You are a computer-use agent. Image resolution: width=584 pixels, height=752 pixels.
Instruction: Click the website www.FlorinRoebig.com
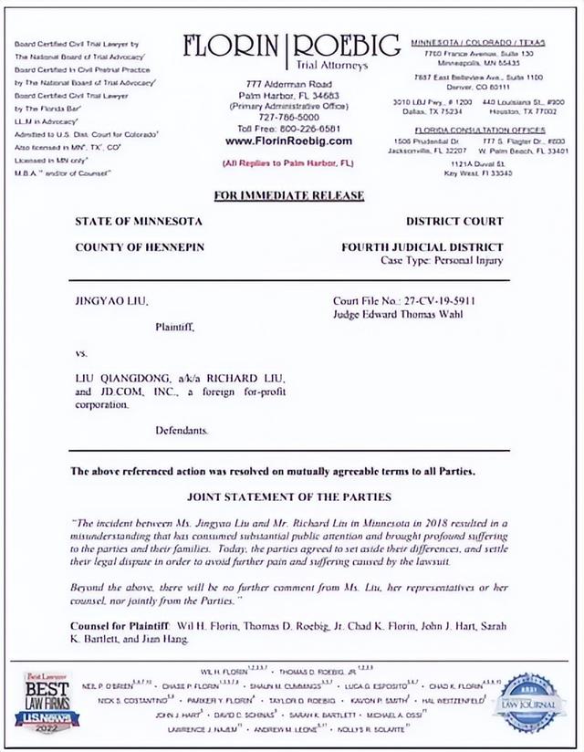(x=288, y=141)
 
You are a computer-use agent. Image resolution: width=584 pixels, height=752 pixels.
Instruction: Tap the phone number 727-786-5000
(x=288, y=118)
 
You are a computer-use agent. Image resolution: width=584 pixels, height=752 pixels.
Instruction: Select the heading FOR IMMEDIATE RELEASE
(x=288, y=196)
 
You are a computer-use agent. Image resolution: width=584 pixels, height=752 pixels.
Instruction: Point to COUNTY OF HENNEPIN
(x=140, y=246)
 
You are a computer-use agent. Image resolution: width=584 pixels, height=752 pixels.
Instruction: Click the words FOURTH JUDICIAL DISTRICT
(x=422, y=246)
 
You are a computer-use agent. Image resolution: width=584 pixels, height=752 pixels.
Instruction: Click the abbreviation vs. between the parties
(x=82, y=351)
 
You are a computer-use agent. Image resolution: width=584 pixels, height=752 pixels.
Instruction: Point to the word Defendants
(x=182, y=428)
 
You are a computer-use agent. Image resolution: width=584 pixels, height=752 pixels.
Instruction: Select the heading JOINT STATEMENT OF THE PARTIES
(x=288, y=497)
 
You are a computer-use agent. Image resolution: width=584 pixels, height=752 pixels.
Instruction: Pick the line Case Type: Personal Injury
(x=442, y=261)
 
